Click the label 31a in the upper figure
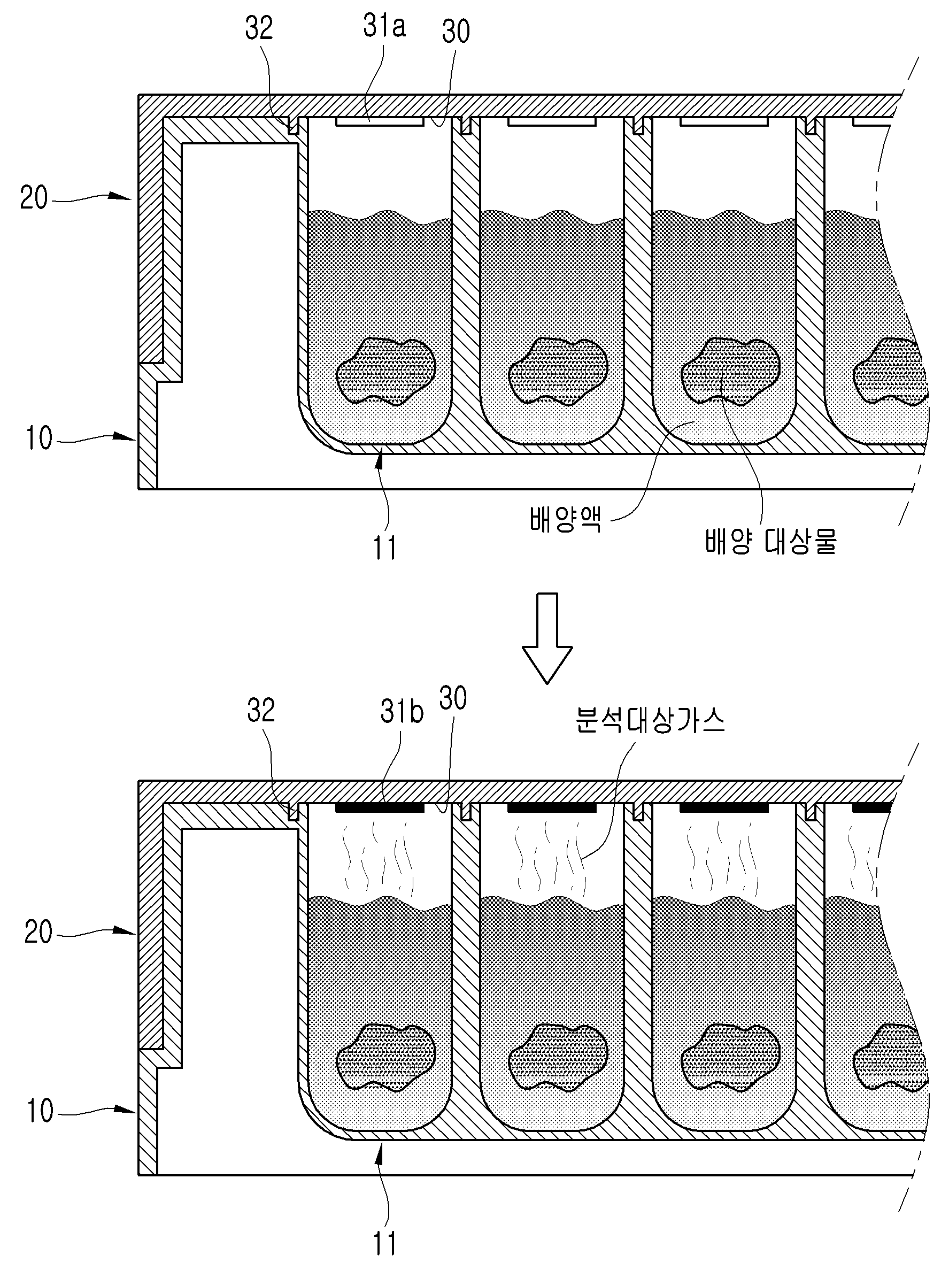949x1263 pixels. [384, 26]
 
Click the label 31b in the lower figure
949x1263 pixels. [402, 712]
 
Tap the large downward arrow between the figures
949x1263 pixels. [547, 638]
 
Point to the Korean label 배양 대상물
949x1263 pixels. [771, 541]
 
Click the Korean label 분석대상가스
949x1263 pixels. [650, 721]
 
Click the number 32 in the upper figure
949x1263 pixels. [259, 28]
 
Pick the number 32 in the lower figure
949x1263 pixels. [261, 710]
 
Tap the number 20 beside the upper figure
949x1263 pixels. [34, 198]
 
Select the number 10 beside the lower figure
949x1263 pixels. [40, 1111]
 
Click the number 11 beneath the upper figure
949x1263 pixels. [384, 548]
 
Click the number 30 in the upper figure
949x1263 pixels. [456, 31]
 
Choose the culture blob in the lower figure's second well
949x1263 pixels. [557, 1058]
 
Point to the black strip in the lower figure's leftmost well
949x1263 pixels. [380, 808]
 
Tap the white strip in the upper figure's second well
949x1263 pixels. [552, 121]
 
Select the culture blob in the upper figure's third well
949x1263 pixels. [731, 372]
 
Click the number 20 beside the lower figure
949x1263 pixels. [38, 933]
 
